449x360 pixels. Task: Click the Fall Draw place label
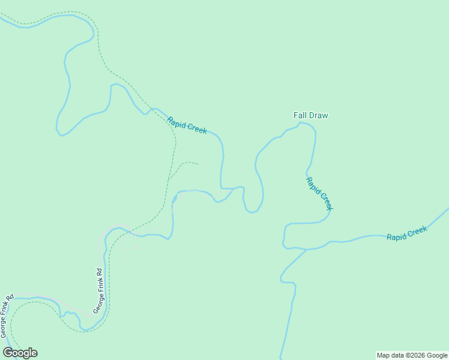point(310,115)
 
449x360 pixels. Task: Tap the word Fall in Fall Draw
point(300,115)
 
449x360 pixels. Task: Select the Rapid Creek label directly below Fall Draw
point(318,193)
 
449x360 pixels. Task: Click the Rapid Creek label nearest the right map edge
point(406,233)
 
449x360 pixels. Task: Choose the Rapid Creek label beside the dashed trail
point(187,125)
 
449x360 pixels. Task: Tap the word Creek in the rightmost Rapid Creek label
point(417,230)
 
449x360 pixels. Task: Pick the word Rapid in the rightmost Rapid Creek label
point(396,236)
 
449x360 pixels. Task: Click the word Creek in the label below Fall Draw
point(324,201)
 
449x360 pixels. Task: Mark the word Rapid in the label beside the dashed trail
point(176,121)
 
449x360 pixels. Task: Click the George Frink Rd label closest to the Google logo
point(7,314)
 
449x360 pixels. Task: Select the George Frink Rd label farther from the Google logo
point(98,290)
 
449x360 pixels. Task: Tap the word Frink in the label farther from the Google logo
point(98,289)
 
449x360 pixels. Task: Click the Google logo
point(20,353)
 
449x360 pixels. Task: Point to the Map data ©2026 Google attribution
point(412,355)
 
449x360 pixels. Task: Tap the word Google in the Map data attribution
point(437,355)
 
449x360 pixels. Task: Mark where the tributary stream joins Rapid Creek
point(306,250)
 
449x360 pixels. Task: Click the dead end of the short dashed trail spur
point(197,163)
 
